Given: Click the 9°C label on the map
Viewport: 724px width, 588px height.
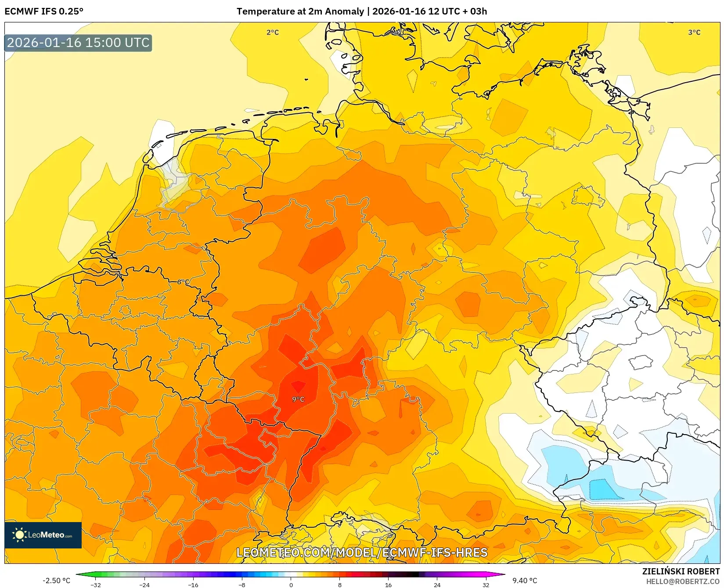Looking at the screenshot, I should click(x=298, y=399).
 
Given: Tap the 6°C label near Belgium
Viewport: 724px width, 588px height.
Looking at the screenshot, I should click(x=184, y=282).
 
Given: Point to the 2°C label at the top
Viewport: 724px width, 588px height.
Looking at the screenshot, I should click(x=273, y=32).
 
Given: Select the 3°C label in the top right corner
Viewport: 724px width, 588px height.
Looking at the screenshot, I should click(x=694, y=32).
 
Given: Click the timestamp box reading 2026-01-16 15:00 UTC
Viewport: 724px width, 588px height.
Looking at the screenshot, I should click(x=78, y=43).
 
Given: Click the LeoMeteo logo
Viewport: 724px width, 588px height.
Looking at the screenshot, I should click(x=43, y=535).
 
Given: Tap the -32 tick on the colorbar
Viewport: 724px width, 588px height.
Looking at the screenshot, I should click(x=96, y=584).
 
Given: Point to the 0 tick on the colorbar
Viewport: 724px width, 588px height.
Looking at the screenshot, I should click(x=291, y=584).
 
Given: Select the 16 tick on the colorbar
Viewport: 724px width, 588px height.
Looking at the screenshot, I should click(x=388, y=584).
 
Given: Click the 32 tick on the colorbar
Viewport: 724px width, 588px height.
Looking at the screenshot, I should click(x=486, y=584).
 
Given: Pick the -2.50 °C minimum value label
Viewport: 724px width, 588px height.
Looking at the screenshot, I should click(x=56, y=581).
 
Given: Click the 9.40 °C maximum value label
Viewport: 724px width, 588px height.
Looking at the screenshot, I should click(x=525, y=581).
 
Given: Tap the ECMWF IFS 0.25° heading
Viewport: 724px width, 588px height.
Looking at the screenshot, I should click(x=44, y=11).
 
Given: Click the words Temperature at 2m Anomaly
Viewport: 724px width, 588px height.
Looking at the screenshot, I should click(x=300, y=11).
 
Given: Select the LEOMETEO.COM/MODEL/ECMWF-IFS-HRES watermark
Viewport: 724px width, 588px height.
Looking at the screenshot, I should click(x=362, y=552).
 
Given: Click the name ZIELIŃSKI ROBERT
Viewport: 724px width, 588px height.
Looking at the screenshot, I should click(x=681, y=571).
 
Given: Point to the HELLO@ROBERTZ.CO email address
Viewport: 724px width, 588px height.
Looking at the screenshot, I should click(x=683, y=581).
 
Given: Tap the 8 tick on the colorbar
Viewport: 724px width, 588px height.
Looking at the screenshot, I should click(x=339, y=584).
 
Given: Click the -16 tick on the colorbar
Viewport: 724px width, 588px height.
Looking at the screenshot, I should click(x=193, y=584).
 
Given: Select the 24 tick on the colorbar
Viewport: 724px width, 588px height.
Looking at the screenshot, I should click(x=437, y=584).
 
